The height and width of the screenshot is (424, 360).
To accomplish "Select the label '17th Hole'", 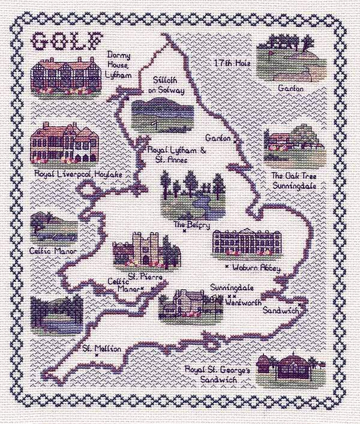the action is (x=232, y=62).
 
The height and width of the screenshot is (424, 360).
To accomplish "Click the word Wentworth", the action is (x=244, y=303).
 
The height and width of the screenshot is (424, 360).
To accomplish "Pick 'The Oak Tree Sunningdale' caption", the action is (x=294, y=181).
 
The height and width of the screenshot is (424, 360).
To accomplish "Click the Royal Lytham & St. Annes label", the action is (x=176, y=155).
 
